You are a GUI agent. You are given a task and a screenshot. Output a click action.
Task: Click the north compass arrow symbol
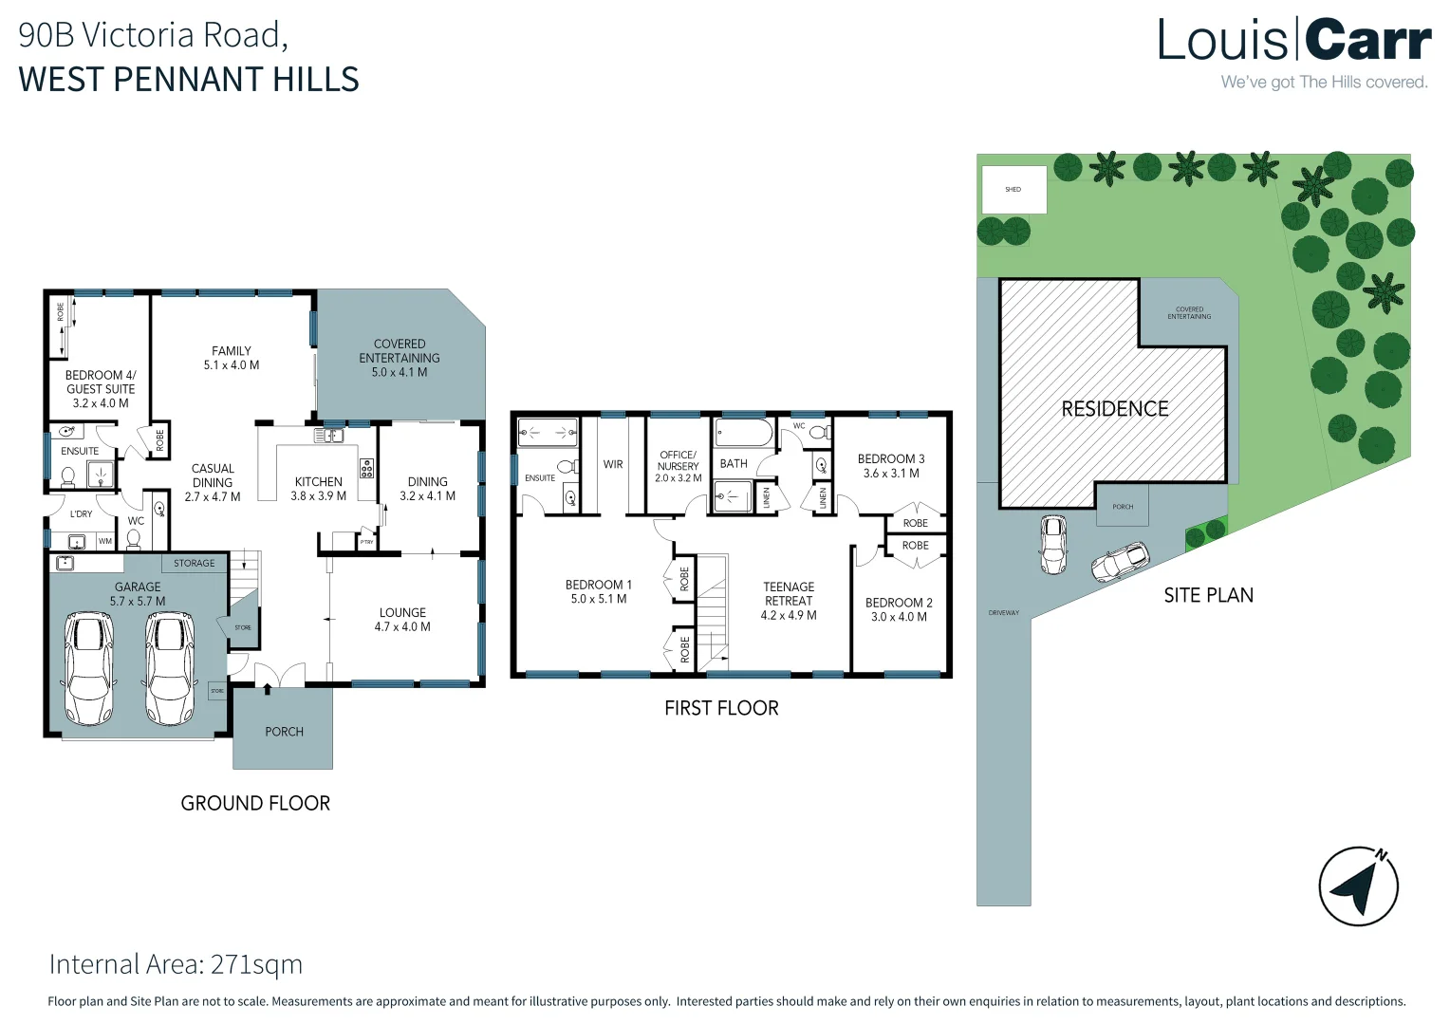(1358, 885)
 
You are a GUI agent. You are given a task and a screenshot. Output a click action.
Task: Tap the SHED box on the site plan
(1013, 190)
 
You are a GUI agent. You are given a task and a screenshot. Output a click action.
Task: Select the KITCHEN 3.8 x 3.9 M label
(319, 489)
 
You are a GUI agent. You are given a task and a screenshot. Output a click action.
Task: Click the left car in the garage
(88, 669)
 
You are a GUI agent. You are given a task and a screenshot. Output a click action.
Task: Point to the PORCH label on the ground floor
(284, 732)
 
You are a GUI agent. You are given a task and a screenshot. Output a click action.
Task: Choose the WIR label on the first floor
(613, 464)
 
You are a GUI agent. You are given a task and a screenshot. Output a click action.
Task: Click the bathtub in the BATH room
(744, 434)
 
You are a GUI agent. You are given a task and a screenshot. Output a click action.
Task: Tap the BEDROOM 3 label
(890, 465)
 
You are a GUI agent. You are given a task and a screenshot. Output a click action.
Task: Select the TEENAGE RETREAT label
(789, 601)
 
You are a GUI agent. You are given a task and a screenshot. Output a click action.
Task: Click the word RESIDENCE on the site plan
(1114, 409)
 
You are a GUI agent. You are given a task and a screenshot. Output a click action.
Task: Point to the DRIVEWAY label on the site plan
(1003, 613)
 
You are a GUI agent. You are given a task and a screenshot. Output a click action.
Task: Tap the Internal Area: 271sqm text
(176, 964)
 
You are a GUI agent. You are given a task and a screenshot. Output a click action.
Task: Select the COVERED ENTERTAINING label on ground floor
(400, 358)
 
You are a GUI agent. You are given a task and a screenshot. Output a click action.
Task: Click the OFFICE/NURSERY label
(678, 466)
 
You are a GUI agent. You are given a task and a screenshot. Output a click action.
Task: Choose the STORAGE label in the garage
(195, 563)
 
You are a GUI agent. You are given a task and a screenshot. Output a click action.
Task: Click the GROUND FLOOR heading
(255, 803)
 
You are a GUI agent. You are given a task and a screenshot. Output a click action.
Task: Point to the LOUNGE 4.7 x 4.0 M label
(402, 620)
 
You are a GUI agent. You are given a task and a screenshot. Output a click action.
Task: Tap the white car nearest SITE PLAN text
(1120, 561)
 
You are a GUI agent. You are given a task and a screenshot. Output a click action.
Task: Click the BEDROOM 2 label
(899, 609)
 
